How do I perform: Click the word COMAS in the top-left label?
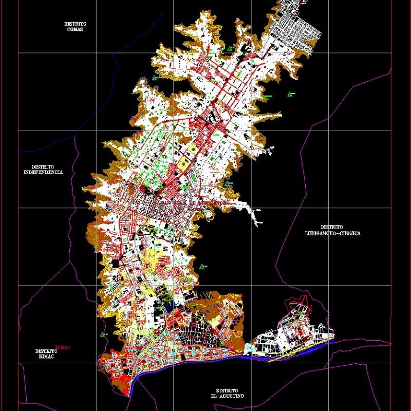coord(75,29)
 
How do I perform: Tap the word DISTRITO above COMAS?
coord(75,24)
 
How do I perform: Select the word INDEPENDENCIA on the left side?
coord(43,173)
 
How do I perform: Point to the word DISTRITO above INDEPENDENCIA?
coord(43,167)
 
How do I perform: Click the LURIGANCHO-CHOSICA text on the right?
coord(332,233)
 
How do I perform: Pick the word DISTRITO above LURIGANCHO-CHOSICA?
coord(332,227)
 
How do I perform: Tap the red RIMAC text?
coord(63,347)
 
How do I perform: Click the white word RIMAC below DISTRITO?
coord(46,357)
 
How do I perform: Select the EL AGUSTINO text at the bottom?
coord(227,396)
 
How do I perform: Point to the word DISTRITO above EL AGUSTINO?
coord(227,390)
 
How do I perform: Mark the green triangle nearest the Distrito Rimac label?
coord(103,334)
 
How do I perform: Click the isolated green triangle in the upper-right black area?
coord(291,94)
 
